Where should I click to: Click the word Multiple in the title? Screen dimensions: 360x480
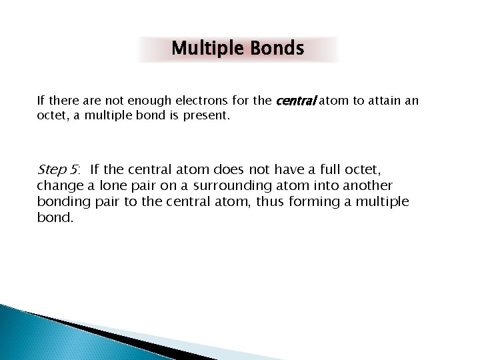tap(207, 49)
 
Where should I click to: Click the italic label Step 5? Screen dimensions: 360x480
tap(58, 169)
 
